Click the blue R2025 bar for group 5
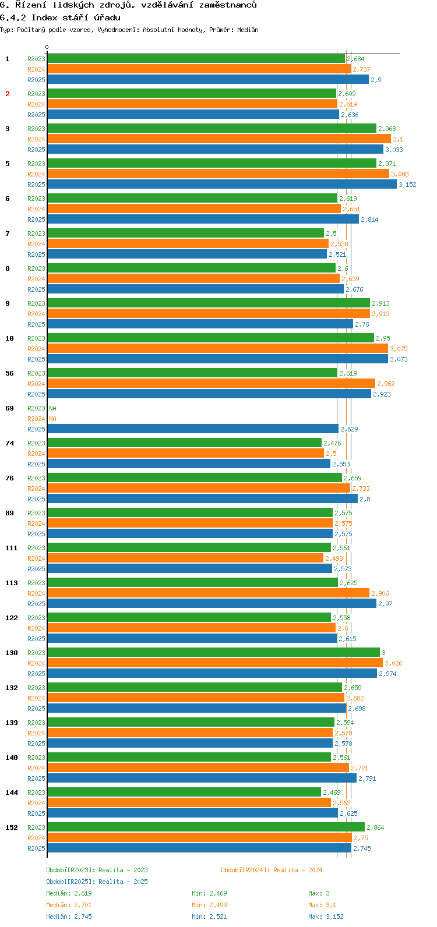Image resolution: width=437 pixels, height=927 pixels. click(x=221, y=184)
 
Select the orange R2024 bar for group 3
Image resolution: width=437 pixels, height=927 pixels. click(x=218, y=139)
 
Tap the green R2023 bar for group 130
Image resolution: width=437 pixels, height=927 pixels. click(x=213, y=652)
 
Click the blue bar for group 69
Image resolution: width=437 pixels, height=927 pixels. click(x=192, y=429)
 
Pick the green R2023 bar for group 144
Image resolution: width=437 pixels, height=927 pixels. click(x=184, y=792)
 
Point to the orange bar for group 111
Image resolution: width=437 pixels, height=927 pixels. click(x=185, y=558)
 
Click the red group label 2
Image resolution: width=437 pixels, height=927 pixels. click(x=8, y=94)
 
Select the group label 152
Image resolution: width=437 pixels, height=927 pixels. click(x=12, y=827)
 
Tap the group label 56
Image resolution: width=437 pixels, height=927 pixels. click(x=10, y=373)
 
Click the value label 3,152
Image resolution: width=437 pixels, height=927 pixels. click(x=407, y=185)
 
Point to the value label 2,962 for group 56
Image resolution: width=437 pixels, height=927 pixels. click(x=386, y=384)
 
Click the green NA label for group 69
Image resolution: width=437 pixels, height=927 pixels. click(x=52, y=408)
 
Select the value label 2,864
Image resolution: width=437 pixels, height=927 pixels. click(x=375, y=827)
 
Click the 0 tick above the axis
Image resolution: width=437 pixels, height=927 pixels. click(x=47, y=48)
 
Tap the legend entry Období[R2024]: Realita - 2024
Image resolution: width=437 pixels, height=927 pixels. click(x=271, y=870)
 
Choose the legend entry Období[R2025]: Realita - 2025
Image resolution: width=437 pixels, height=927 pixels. click(x=97, y=882)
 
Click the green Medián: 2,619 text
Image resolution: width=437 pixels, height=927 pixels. click(x=69, y=893)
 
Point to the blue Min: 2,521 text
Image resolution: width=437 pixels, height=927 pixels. click(x=209, y=917)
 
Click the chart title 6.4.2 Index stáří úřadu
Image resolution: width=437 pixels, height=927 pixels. click(x=60, y=17)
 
